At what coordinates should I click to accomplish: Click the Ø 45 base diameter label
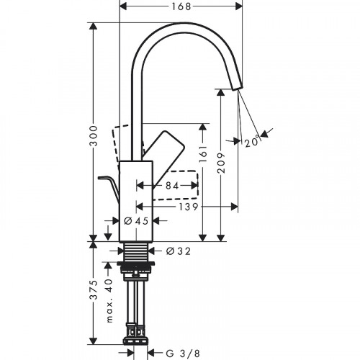point(136,221)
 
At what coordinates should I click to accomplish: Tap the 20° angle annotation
point(251,141)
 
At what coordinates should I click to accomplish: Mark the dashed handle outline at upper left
point(126,140)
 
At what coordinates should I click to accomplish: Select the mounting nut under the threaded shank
point(135,272)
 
